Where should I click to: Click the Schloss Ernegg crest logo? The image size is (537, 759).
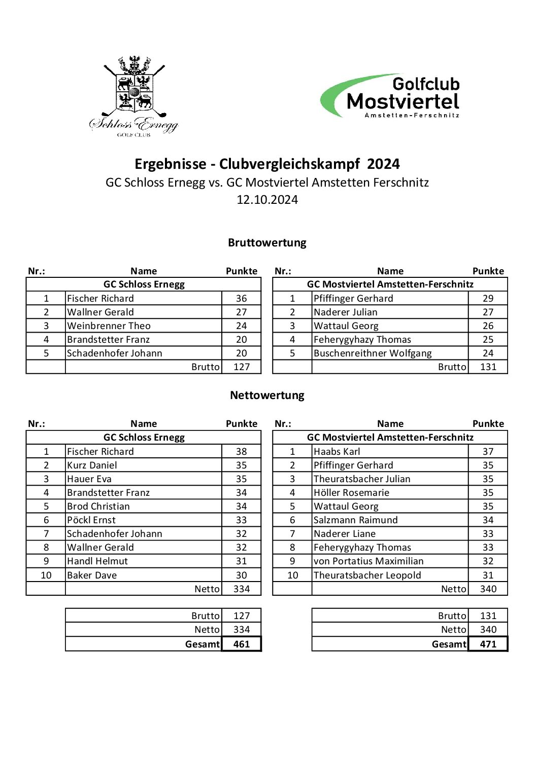(134, 95)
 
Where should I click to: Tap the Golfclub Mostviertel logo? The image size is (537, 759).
(391, 96)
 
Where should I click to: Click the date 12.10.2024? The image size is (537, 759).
(267, 200)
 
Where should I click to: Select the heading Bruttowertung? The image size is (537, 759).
(267, 242)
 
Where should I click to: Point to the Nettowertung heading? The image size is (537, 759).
(267, 395)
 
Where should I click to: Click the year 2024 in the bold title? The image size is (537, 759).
(383, 164)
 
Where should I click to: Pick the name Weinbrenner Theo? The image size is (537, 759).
(109, 326)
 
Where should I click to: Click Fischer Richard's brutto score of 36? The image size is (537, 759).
(242, 299)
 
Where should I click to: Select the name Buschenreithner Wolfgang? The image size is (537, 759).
(373, 353)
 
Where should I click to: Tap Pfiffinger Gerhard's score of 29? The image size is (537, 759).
(488, 299)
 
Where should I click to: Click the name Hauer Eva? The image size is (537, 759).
(89, 479)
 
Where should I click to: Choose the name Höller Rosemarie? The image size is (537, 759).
(351, 493)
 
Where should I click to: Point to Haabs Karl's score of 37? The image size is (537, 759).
(488, 452)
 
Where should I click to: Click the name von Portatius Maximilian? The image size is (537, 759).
(368, 561)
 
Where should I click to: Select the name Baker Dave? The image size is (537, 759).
(92, 575)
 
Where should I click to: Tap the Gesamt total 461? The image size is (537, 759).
(242, 644)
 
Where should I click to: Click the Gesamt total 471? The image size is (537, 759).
(488, 644)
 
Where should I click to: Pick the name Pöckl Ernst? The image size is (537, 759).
(91, 520)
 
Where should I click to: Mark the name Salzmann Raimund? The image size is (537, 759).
(355, 520)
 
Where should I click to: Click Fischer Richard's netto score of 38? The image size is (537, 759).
(242, 452)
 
